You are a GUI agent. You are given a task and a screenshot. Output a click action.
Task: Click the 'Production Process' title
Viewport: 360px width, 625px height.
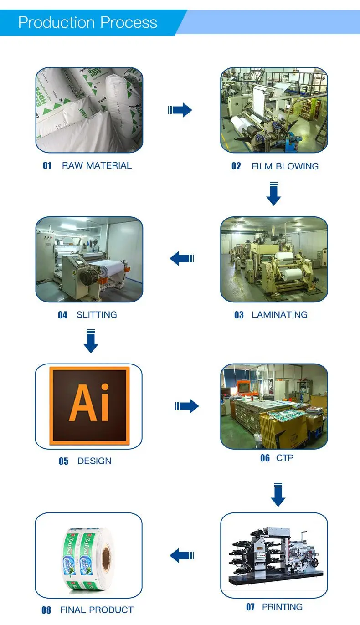coord(87,22)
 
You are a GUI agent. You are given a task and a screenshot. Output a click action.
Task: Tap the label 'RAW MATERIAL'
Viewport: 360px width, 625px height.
coord(97,165)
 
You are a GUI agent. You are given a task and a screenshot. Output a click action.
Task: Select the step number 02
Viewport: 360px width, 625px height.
coord(236,166)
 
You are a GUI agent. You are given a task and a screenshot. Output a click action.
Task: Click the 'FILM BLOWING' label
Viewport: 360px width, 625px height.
coord(285,166)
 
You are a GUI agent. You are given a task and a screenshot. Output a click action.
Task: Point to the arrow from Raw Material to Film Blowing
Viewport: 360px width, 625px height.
coord(180,110)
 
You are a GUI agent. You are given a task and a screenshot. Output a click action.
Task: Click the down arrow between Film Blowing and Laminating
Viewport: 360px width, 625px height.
coord(273,194)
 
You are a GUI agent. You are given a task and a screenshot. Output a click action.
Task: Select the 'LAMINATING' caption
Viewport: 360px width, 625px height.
coord(279,315)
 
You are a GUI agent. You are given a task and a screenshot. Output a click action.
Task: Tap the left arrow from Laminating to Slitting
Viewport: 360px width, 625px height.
coord(182,259)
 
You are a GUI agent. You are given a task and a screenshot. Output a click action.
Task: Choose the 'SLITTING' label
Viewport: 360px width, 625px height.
coord(97,315)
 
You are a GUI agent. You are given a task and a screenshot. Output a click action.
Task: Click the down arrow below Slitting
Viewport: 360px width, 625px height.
coord(91,342)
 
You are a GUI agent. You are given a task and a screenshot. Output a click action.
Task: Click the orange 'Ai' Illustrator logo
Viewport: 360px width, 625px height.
coord(89,405)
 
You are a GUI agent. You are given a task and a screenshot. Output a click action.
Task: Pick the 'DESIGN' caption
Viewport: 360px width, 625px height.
coord(94,461)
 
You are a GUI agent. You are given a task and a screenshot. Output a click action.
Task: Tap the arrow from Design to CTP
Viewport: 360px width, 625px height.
coord(187,406)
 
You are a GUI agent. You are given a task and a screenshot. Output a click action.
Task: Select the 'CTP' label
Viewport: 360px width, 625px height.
coord(285,458)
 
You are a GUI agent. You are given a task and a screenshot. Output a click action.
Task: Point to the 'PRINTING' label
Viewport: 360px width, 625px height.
coord(282,607)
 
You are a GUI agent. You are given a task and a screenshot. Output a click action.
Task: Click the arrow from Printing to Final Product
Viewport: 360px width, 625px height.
coord(182,555)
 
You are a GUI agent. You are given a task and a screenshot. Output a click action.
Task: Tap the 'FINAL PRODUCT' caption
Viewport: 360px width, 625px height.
coord(97,610)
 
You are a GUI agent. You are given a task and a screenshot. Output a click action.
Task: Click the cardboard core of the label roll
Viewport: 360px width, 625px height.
coord(107,555)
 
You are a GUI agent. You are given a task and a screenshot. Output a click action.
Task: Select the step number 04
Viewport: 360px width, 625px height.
coord(62,315)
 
